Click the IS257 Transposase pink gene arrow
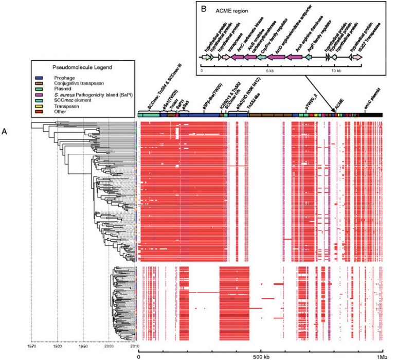click(x=356, y=59)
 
